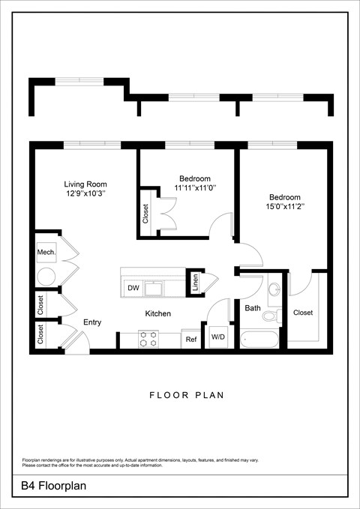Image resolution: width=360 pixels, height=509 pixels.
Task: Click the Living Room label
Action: click(85, 184)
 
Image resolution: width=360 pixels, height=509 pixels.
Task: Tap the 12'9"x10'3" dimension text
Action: click(85, 193)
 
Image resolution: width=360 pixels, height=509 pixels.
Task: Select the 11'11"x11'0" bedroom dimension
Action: click(195, 187)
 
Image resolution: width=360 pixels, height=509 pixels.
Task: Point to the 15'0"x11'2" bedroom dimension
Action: click(284, 206)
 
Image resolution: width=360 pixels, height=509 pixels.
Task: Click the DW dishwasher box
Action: click(133, 288)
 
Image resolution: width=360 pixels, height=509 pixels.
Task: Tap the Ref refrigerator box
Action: click(191, 340)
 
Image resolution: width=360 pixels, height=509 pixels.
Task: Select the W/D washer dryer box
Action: click(218, 337)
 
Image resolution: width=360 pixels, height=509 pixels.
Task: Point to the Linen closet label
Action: click(195, 283)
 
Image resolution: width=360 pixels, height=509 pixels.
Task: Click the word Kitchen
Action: click(157, 313)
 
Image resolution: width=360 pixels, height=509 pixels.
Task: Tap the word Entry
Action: click(92, 322)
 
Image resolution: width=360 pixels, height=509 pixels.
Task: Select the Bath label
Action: click(252, 307)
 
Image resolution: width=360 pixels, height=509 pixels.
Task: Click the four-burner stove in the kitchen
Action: click(148, 340)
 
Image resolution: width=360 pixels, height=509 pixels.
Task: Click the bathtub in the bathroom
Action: click(259, 339)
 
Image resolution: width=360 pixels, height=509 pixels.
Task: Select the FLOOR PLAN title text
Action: click(180, 394)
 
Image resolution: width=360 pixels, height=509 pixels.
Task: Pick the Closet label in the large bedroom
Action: click(303, 313)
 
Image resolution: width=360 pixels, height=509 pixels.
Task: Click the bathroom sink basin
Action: click(273, 289)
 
